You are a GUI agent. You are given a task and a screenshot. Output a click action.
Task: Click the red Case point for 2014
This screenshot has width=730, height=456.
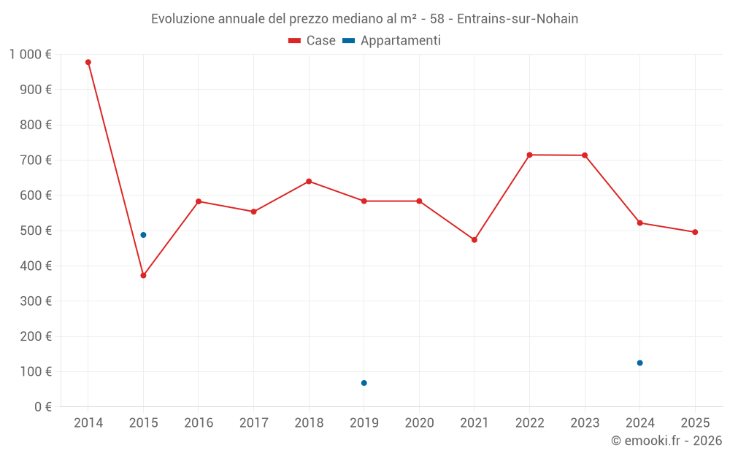click(x=88, y=62)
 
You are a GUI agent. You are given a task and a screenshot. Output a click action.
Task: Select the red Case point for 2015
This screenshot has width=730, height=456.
click(x=143, y=276)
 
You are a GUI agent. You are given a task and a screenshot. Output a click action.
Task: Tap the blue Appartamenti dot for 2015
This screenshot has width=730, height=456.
click(x=143, y=235)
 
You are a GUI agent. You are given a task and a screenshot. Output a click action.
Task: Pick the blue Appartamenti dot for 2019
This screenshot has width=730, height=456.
click(x=364, y=383)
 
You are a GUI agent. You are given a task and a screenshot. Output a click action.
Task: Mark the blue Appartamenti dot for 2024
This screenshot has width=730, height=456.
click(x=639, y=363)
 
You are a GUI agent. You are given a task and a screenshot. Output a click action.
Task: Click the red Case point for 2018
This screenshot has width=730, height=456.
click(x=309, y=181)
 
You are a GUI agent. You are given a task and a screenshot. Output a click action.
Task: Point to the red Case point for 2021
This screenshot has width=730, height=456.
click(x=474, y=240)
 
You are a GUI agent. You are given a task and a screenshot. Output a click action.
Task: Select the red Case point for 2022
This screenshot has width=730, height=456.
click(x=529, y=155)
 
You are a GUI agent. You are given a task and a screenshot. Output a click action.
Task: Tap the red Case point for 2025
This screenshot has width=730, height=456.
click(x=695, y=232)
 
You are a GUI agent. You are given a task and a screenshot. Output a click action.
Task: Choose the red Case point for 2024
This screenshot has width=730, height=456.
click(x=639, y=223)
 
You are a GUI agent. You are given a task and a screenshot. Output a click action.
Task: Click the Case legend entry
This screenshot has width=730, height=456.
click(x=312, y=41)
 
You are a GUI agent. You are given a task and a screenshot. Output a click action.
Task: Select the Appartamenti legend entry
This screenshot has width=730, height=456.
click(x=392, y=41)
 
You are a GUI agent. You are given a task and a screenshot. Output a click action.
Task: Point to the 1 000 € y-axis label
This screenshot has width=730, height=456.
click(x=30, y=55)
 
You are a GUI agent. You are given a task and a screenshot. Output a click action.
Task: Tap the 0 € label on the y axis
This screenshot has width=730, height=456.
click(x=42, y=407)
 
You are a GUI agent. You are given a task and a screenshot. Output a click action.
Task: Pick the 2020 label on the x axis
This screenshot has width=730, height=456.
click(x=419, y=423)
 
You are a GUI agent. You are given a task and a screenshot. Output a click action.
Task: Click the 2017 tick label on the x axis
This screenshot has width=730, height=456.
click(x=253, y=423)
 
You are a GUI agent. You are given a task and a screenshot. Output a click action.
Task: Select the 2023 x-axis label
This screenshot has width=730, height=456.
click(x=585, y=423)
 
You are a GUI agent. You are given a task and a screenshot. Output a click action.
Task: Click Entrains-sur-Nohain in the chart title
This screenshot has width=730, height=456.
click(x=518, y=19)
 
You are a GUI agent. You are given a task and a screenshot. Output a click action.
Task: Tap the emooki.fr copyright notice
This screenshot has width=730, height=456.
click(x=666, y=441)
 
